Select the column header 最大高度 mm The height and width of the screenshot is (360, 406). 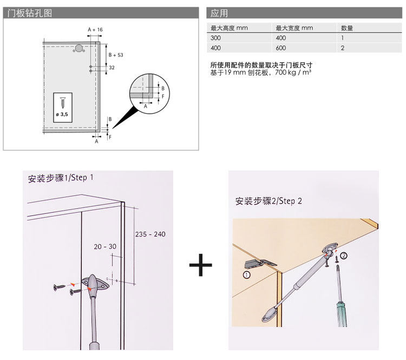[229, 28]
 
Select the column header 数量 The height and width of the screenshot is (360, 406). [347, 28]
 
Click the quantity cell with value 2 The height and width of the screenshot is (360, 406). [343, 48]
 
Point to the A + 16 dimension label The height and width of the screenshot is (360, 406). [95, 29]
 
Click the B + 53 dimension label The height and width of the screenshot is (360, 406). [116, 55]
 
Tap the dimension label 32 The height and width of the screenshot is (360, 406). [112, 68]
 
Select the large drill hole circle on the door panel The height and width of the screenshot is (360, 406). [80, 49]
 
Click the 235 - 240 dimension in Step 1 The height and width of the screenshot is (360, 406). [150, 234]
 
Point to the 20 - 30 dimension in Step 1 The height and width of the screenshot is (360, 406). [104, 246]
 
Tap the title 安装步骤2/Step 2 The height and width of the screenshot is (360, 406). [269, 201]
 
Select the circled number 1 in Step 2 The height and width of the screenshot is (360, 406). [247, 274]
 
